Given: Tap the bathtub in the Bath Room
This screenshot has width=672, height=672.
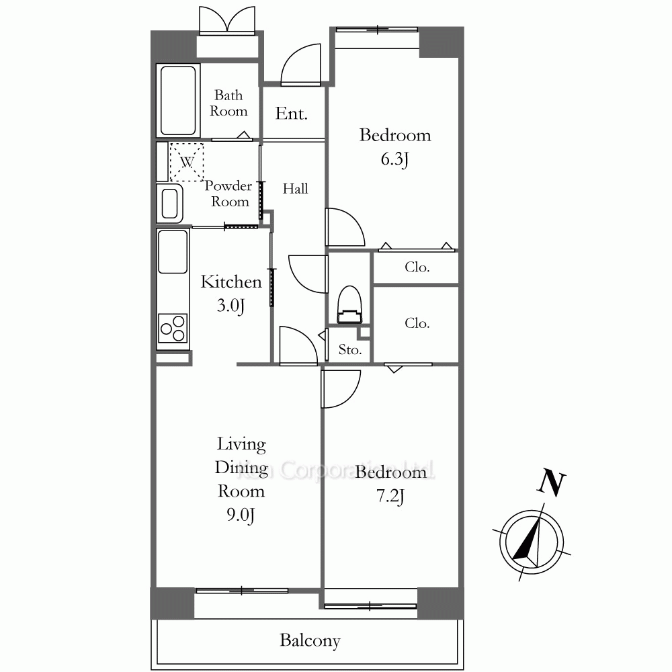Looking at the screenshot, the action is pyautogui.click(x=178, y=101).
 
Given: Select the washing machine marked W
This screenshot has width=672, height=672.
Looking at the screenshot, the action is pyautogui.click(x=186, y=162).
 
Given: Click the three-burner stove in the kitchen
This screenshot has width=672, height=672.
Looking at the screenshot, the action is pyautogui.click(x=173, y=329).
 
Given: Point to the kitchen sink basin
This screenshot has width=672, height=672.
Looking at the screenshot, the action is pyautogui.click(x=173, y=251).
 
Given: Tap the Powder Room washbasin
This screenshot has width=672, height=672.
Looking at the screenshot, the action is pyautogui.click(x=170, y=204).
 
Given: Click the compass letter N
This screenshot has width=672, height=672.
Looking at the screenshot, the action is pyautogui.click(x=552, y=483).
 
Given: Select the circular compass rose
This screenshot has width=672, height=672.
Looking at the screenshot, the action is pyautogui.click(x=532, y=542).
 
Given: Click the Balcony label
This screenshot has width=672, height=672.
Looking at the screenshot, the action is pyautogui.click(x=310, y=640).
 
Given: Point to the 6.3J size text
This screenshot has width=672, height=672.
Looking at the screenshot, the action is pyautogui.click(x=394, y=159).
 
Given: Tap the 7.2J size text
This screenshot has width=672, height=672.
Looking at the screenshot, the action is pyautogui.click(x=390, y=497).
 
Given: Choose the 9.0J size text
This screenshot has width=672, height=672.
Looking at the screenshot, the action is pyautogui.click(x=241, y=514).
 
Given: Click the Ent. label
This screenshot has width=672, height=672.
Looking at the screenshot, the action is pyautogui.click(x=292, y=114).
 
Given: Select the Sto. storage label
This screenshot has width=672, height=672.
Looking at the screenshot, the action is pyautogui.click(x=350, y=349).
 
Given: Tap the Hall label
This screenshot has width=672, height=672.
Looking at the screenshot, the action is pyautogui.click(x=295, y=189).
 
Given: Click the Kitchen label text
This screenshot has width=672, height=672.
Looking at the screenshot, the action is pyautogui.click(x=231, y=282).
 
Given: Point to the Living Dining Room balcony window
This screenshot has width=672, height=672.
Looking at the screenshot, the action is pyautogui.click(x=242, y=591).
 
